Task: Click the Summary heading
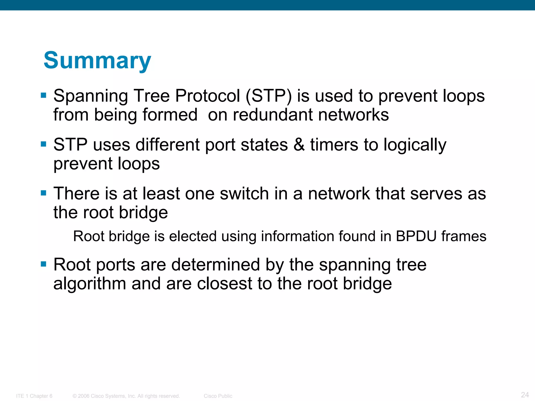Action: [x=97, y=61]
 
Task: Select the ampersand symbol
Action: [x=299, y=145]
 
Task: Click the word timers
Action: [x=334, y=145]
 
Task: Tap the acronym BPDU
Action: [x=416, y=236]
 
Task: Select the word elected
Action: [x=193, y=236]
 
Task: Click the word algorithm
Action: [x=90, y=284]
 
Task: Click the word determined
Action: [x=216, y=265]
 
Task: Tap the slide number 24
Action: [x=525, y=394]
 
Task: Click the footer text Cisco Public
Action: [x=218, y=396]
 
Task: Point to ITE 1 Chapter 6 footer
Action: [x=34, y=396]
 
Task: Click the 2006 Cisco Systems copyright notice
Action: [x=126, y=396]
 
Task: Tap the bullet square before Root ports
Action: [x=44, y=264]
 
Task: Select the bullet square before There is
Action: [x=44, y=193]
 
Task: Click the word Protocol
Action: [x=207, y=96]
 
